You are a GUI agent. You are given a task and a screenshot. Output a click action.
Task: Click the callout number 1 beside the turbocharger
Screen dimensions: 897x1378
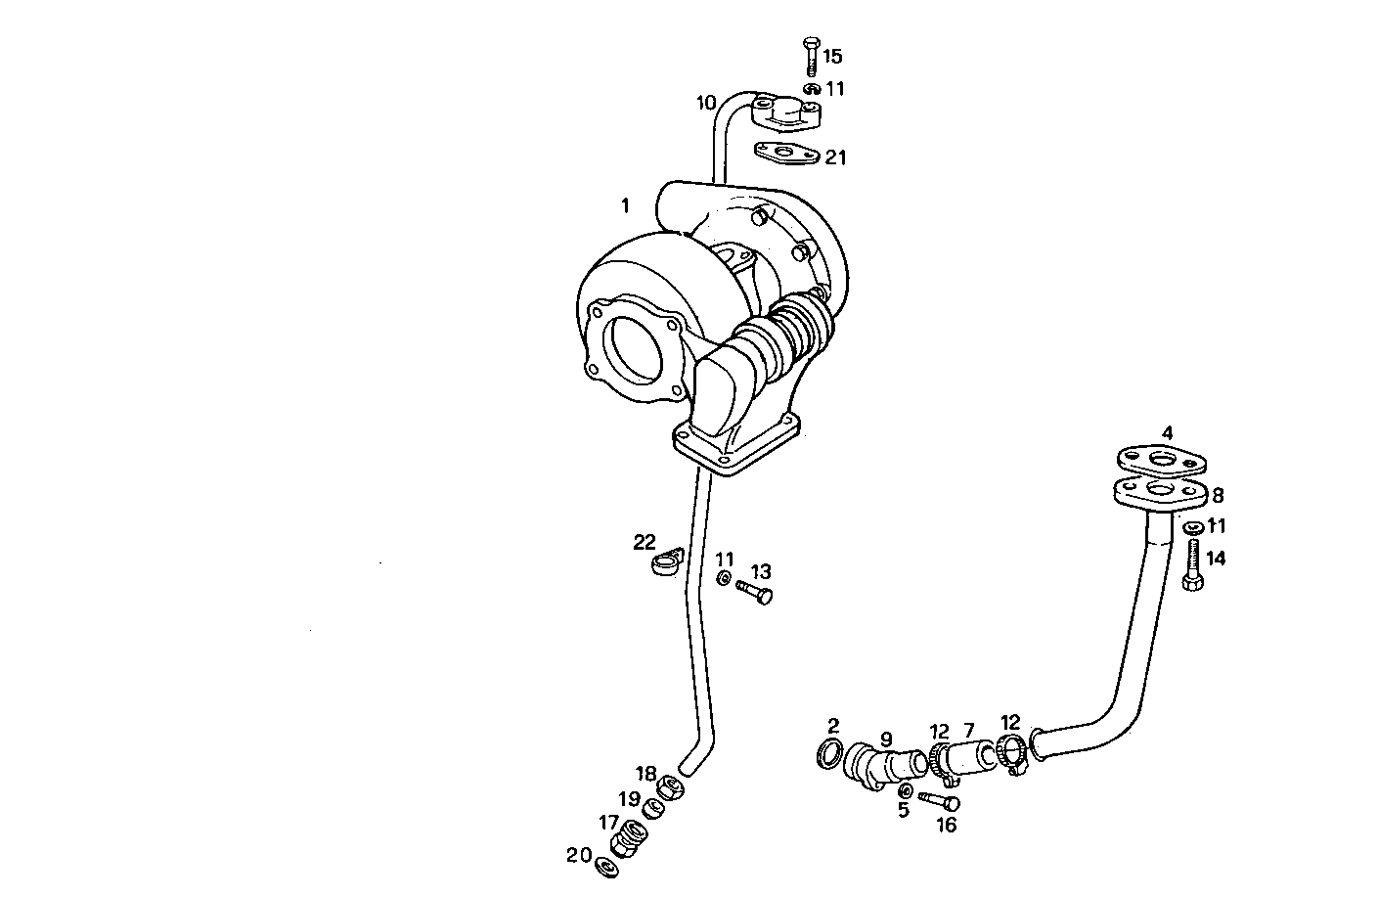point(624,206)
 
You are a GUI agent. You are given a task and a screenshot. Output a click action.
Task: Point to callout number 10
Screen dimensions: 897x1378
point(706,102)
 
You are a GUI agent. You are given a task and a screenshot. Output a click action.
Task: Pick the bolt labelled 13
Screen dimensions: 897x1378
point(755,591)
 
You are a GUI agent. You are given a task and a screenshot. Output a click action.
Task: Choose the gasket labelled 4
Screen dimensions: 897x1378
point(1162,461)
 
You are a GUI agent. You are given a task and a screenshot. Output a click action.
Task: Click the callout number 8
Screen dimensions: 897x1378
point(1218,496)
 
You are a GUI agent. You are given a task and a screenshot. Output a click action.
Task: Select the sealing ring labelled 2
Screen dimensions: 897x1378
point(829,754)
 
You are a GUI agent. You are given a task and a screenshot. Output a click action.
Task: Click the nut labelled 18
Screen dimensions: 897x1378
point(670,785)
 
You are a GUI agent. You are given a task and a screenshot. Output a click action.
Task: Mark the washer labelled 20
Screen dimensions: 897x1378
point(606,866)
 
